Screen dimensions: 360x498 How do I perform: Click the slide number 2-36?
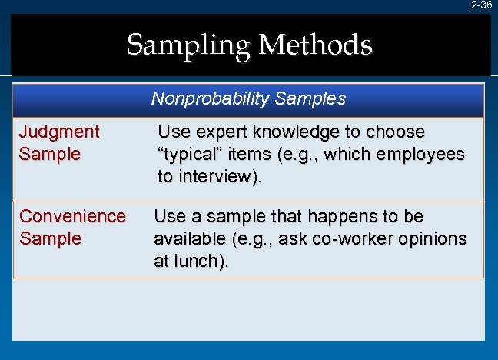click(481, 5)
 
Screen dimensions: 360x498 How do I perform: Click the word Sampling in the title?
click(189, 45)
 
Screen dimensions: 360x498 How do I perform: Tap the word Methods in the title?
click(315, 45)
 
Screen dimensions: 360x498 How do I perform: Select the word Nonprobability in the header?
click(201, 99)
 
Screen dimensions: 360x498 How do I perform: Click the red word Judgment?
click(59, 132)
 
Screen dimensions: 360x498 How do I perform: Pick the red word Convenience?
click(72, 216)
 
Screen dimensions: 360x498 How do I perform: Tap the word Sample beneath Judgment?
click(50, 154)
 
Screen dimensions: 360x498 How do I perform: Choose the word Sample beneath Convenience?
click(50, 238)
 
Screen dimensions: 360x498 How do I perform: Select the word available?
click(187, 238)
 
